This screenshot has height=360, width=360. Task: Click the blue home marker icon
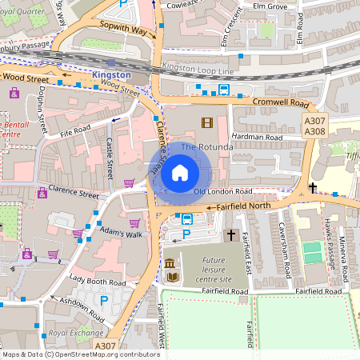point(180,171)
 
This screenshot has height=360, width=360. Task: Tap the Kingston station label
point(111,74)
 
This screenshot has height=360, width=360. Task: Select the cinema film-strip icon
point(208,122)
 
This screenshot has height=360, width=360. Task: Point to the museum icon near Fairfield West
point(170,263)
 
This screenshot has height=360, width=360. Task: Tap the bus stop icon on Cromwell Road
point(224,90)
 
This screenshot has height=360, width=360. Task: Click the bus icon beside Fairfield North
point(187,219)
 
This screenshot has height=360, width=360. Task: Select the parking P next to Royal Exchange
point(103,300)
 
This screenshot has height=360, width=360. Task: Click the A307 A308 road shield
point(314,125)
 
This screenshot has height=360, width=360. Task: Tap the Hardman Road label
point(258,136)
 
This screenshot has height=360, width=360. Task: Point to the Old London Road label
point(223,192)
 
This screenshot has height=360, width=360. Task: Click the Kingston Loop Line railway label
point(194,70)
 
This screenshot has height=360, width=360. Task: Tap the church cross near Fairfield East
point(230,235)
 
